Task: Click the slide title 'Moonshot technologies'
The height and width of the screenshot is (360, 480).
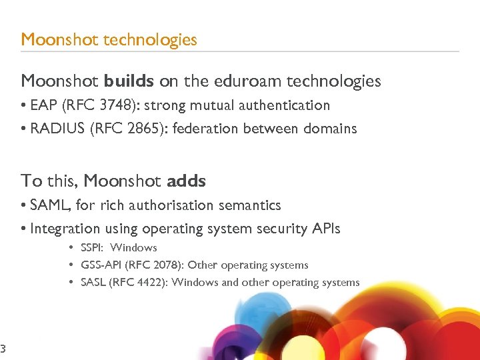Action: click(109, 39)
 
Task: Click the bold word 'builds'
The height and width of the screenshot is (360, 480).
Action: click(129, 81)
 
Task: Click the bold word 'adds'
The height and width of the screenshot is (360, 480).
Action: click(186, 181)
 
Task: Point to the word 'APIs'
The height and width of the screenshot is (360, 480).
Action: click(325, 229)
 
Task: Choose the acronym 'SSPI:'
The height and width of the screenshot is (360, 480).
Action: click(93, 248)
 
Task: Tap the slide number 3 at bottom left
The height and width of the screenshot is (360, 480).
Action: click(3, 348)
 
